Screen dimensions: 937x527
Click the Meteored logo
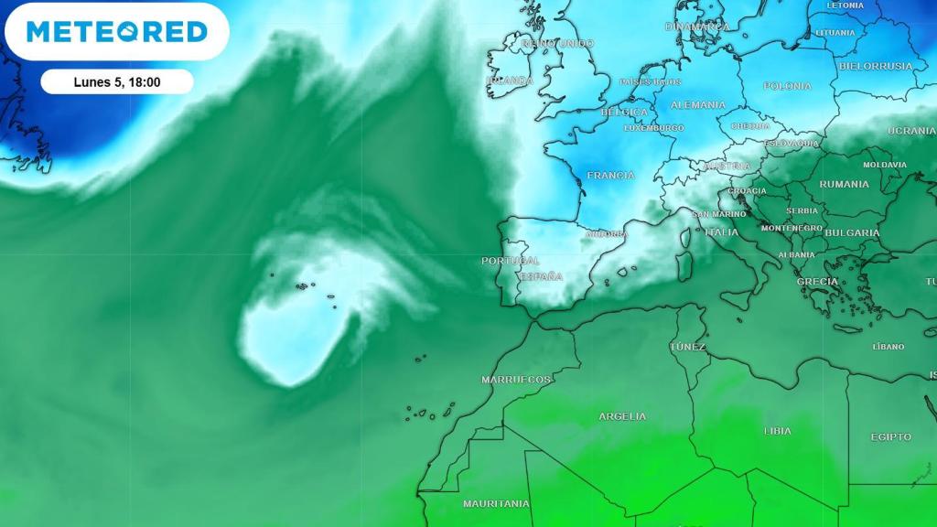[117, 32]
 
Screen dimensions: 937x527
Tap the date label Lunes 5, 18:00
[117, 82]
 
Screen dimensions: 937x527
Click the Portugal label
[511, 261]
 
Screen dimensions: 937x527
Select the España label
[541, 276]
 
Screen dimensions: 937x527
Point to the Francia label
[610, 175]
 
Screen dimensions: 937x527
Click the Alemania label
[698, 105]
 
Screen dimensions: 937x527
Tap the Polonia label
[788, 86]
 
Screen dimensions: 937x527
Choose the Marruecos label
[516, 379]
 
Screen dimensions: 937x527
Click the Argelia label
[622, 416]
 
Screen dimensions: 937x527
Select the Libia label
[778, 430]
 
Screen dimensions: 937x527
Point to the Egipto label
[891, 437]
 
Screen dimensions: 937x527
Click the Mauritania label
[496, 503]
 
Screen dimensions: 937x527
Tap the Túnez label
[687, 347]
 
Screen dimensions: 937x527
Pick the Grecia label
[817, 282]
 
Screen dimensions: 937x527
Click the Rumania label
[845, 184]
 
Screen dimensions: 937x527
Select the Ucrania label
[911, 131]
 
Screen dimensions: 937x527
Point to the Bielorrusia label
[876, 66]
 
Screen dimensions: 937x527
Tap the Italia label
[721, 232]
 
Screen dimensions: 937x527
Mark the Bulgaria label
[852, 232]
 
